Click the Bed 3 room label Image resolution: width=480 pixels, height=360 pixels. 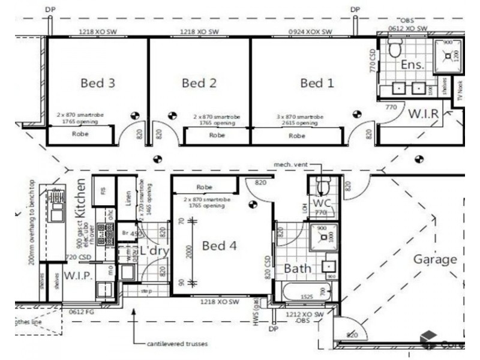click(98, 83)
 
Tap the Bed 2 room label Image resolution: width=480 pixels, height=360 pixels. click(199, 83)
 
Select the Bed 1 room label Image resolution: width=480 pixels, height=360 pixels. click(317, 83)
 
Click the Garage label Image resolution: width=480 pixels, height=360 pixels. click(435, 260)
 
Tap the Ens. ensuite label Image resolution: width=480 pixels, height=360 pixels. click(413, 64)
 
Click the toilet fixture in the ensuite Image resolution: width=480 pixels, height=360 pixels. click(394, 48)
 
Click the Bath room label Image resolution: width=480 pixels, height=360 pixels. click(297, 268)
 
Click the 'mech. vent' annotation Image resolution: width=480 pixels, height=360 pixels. click(291, 164)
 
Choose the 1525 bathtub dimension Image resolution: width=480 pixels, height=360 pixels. click(307, 296)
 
